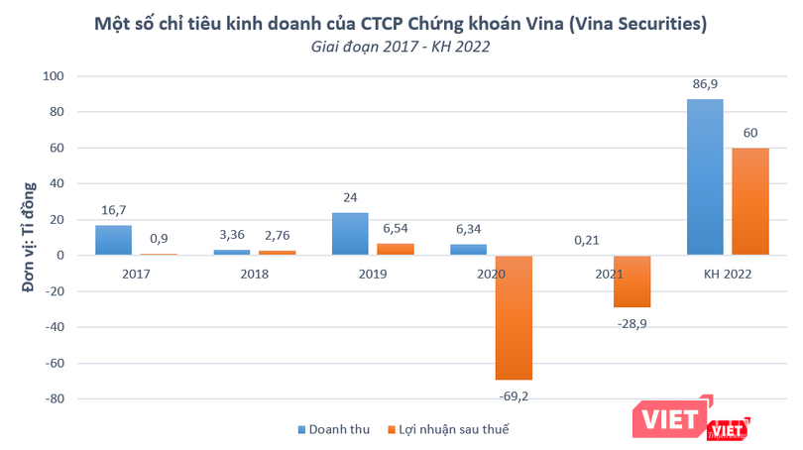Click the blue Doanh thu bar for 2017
click(x=113, y=240)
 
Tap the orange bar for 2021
click(x=631, y=281)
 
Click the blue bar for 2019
click(x=349, y=234)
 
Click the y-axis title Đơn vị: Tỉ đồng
click(x=29, y=237)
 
